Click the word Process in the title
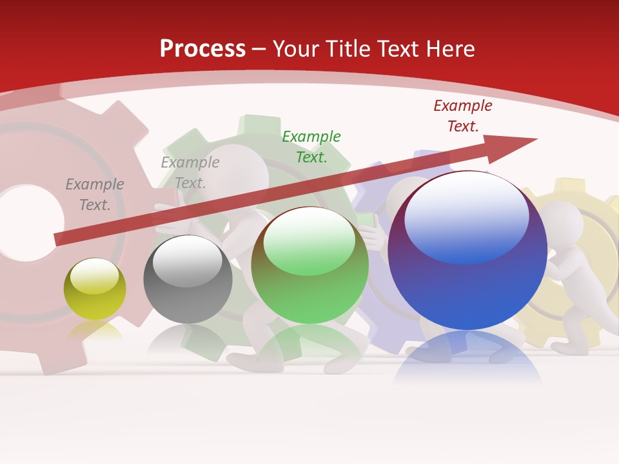tap(202, 49)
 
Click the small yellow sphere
tap(95, 289)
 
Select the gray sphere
tap(188, 279)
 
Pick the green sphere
tap(309, 265)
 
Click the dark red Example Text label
tap(463, 116)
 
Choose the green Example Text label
tap(311, 146)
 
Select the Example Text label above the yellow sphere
tap(95, 194)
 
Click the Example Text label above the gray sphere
tap(190, 172)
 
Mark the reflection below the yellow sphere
tap(95, 330)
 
